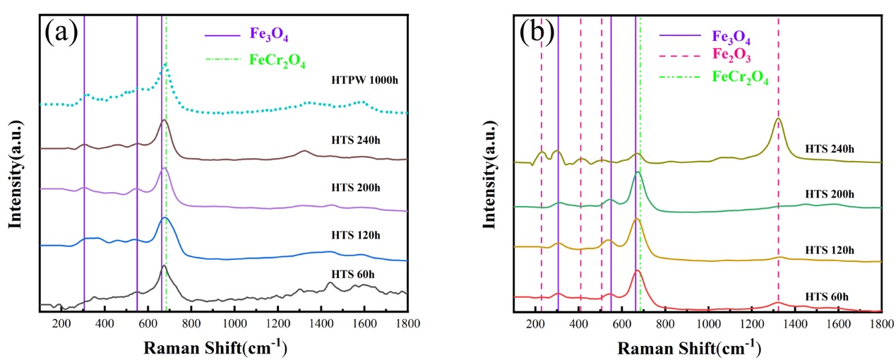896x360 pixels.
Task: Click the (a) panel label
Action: pos(61,32)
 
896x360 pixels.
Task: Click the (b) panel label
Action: pos(537,32)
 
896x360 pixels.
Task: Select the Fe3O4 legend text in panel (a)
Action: pos(269,35)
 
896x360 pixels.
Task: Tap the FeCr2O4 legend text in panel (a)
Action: pos(277,61)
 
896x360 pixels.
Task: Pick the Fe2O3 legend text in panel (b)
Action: pos(731,55)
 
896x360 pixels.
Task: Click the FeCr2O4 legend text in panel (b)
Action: pos(740,77)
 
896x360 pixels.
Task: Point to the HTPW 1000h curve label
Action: pos(364,80)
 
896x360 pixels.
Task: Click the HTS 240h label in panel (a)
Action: pos(356,140)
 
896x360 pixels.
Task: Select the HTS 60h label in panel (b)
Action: pos(827,296)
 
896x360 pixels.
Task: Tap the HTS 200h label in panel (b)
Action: pos(830,194)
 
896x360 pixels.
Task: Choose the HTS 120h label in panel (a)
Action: pos(356,235)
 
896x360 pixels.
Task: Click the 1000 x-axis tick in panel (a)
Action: pos(235,323)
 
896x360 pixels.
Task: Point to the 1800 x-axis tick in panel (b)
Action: pos(881,323)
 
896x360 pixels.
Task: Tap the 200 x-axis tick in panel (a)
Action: pos(61,323)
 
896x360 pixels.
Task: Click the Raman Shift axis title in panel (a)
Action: pos(215,347)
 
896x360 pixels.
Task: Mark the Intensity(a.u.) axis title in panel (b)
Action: pos(489,174)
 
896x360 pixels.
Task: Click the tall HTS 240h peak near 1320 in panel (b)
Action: pos(778,119)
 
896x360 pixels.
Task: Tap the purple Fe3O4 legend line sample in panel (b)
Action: pos(680,35)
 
